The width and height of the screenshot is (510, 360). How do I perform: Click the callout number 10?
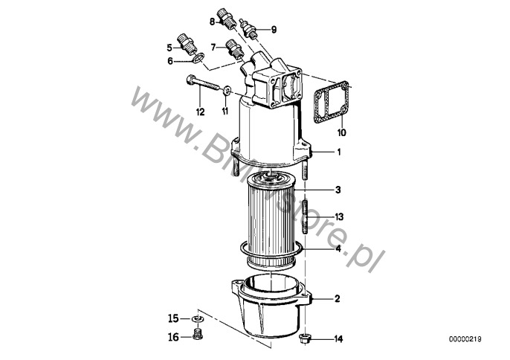tap(342, 132)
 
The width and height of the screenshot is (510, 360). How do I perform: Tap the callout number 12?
tap(200, 112)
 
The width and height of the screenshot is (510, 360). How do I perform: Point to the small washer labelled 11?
tap(227, 90)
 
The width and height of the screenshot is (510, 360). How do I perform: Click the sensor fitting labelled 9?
tap(250, 29)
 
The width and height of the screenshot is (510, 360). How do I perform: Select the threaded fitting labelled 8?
tap(226, 19)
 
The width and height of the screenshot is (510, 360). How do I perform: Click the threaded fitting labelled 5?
tap(187, 44)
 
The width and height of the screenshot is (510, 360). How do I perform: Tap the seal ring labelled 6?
tap(198, 57)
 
